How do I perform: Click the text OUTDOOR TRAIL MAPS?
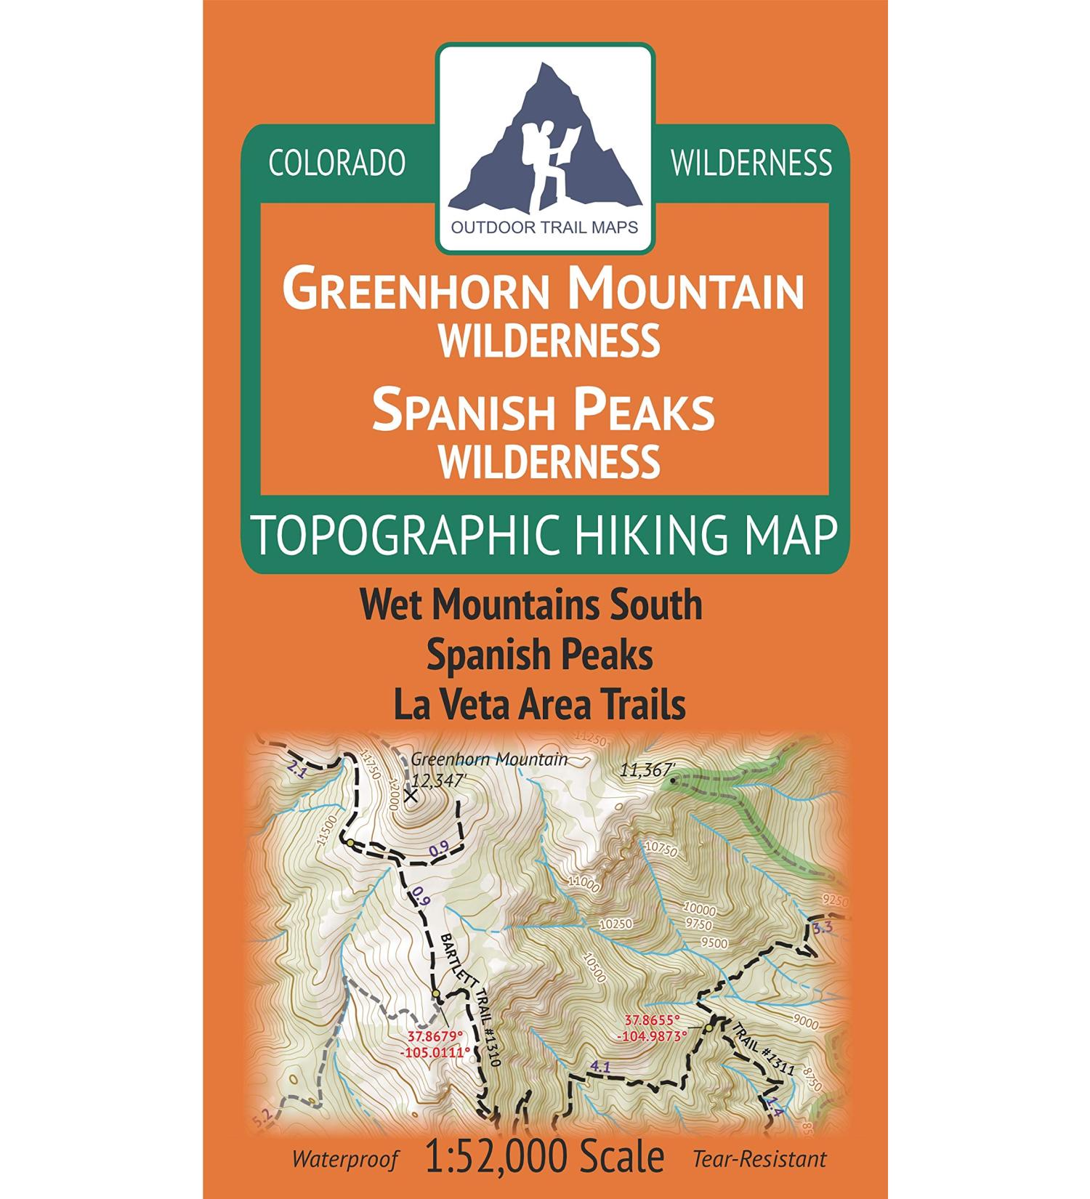coord(545,227)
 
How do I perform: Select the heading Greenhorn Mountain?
coord(544,290)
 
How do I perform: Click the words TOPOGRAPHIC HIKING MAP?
coord(544,536)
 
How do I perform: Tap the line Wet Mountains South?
coord(531,605)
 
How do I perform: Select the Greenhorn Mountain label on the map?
coord(489,759)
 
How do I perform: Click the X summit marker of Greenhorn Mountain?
coord(411,796)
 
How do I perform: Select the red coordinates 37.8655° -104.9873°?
coord(651,1028)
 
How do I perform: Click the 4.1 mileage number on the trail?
coord(600,1067)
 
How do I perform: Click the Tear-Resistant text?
coord(759,1159)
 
